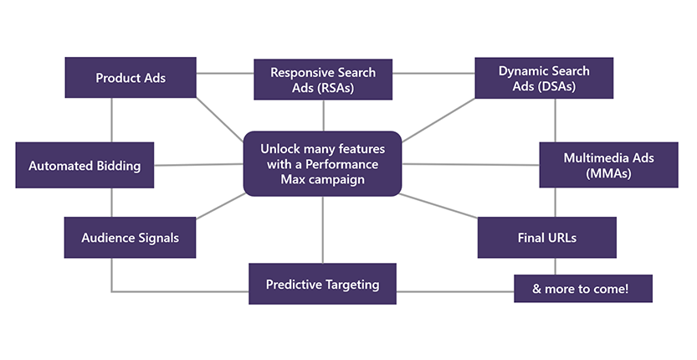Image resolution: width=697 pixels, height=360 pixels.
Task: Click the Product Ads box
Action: [x=131, y=78]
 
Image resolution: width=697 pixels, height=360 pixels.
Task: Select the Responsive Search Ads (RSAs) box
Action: [x=323, y=80]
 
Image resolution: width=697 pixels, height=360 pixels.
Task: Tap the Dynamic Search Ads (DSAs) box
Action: [x=544, y=79]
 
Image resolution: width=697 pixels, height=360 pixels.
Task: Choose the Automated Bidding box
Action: [x=85, y=166]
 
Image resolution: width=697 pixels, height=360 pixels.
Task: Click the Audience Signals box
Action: [x=130, y=238]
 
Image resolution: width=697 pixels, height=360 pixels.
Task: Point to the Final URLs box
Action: [x=546, y=238]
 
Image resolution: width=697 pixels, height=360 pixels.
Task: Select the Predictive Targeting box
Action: [x=322, y=285]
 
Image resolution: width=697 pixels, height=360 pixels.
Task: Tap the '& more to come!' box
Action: [x=582, y=289]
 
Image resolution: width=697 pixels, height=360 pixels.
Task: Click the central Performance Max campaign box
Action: [x=323, y=163]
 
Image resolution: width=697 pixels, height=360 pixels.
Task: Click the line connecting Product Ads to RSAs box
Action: [x=225, y=73]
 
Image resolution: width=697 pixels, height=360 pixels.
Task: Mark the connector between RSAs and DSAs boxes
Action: [x=433, y=73]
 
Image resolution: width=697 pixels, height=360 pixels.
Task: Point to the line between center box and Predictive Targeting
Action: [x=323, y=229]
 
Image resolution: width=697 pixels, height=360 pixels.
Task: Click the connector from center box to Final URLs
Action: [x=439, y=206]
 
